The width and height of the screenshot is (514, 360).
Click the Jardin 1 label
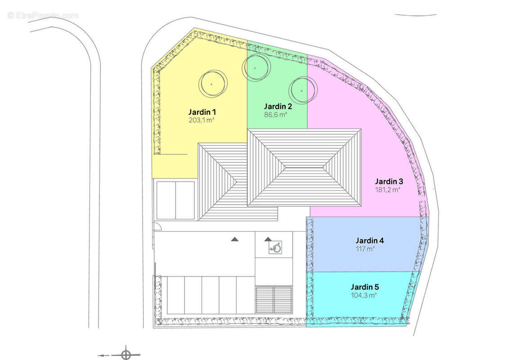tap(202, 112)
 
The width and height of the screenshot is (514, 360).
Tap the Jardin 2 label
tap(278, 106)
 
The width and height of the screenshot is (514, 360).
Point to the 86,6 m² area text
tap(275, 115)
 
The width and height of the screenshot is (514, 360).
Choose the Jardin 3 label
tap(389, 181)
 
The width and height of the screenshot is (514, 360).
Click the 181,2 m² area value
tap(388, 190)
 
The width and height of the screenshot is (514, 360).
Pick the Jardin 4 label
tap(370, 240)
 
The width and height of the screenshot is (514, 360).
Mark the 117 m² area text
tap(365, 248)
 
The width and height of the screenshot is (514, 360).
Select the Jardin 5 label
tap(365, 287)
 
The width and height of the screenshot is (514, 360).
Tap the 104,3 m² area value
tap(364, 295)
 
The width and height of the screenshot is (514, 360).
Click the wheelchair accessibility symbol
tap(275, 247)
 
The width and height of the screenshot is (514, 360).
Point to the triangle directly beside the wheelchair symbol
tap(268, 239)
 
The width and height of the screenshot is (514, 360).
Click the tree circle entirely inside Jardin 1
tap(212, 84)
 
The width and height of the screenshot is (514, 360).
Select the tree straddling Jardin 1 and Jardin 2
tap(255, 68)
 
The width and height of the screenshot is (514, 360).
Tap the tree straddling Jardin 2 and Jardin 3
tap(302, 90)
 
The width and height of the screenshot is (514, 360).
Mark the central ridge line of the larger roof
tap(304, 167)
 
